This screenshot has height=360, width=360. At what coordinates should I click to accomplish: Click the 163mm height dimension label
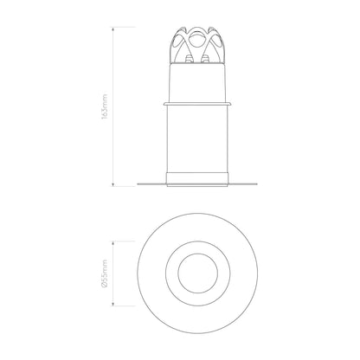[x=105, y=106]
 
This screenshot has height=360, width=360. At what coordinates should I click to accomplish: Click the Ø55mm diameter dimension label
[x=105, y=273]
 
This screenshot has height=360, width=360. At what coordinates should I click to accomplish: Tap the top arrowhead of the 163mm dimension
[x=113, y=29]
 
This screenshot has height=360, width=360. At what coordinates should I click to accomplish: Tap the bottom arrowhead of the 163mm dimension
[x=113, y=184]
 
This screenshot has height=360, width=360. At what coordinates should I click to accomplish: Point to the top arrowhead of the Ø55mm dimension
[x=113, y=243]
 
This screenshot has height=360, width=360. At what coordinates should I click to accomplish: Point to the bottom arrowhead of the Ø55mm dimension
[x=113, y=304]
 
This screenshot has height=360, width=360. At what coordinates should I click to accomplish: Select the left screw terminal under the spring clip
[x=189, y=59]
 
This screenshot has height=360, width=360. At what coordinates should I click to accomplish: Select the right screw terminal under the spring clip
[x=205, y=59]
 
